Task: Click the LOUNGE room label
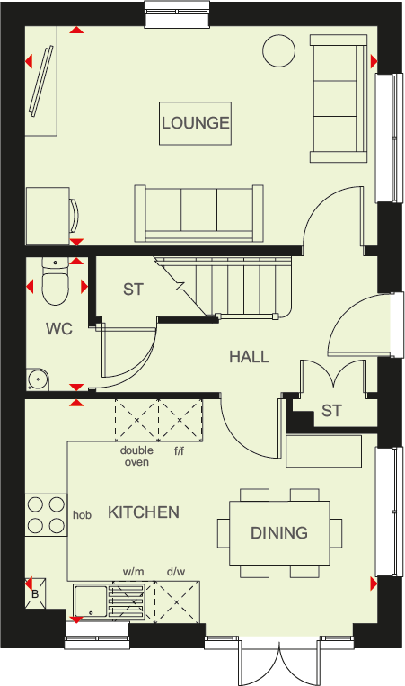pos(196,123)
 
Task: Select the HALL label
pos(249,357)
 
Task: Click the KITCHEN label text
pos(144,512)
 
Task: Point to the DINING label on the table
pos(278,533)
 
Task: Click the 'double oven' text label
pos(136,456)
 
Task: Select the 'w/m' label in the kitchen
pos(134,572)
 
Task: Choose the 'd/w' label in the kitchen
pos(177,572)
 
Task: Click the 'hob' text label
pos(83,516)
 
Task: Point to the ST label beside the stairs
pos(133,290)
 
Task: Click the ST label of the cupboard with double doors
pos(331,411)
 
